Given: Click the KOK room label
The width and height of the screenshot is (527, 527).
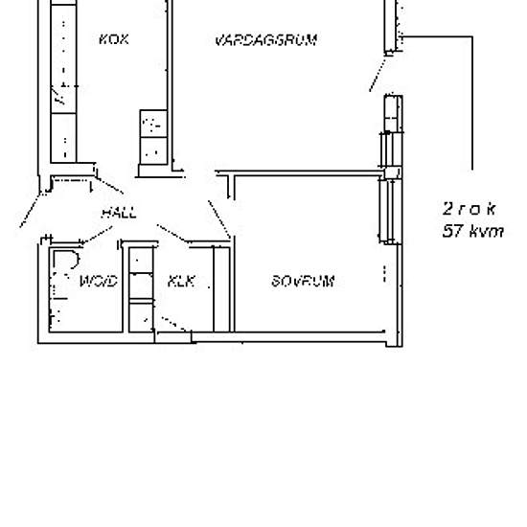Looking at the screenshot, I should point(113,39).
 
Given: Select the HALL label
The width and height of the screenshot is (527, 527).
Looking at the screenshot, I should point(119,213).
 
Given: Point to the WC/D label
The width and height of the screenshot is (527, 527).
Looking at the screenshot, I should point(97,282).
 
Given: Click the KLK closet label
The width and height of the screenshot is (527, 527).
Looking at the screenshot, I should point(181,282).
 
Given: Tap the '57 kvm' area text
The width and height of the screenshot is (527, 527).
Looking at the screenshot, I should point(472,231).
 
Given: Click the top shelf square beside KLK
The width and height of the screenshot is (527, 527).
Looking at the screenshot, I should point(141,261).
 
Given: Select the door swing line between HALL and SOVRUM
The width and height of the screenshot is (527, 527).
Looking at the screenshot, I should point(219,219).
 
